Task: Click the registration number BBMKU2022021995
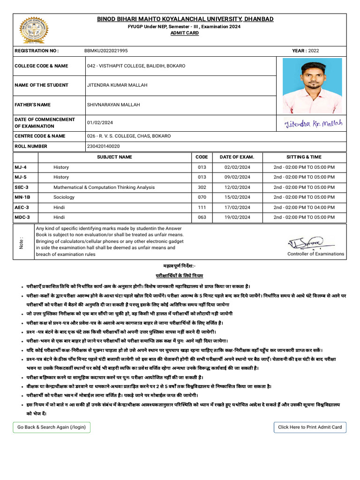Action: tap(105, 50)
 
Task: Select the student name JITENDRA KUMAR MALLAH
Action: tap(117, 85)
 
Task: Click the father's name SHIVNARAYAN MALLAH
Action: tap(113, 105)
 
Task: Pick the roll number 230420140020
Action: tap(103, 146)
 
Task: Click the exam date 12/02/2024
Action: tap(237, 187)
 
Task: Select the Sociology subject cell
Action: tap(64, 197)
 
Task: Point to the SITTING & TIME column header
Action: tap(304, 157)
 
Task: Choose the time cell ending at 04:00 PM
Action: tap(304, 207)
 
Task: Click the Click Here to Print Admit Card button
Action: tap(310, 427)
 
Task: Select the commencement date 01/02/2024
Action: tap(100, 123)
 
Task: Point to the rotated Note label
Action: tap(22, 242)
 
